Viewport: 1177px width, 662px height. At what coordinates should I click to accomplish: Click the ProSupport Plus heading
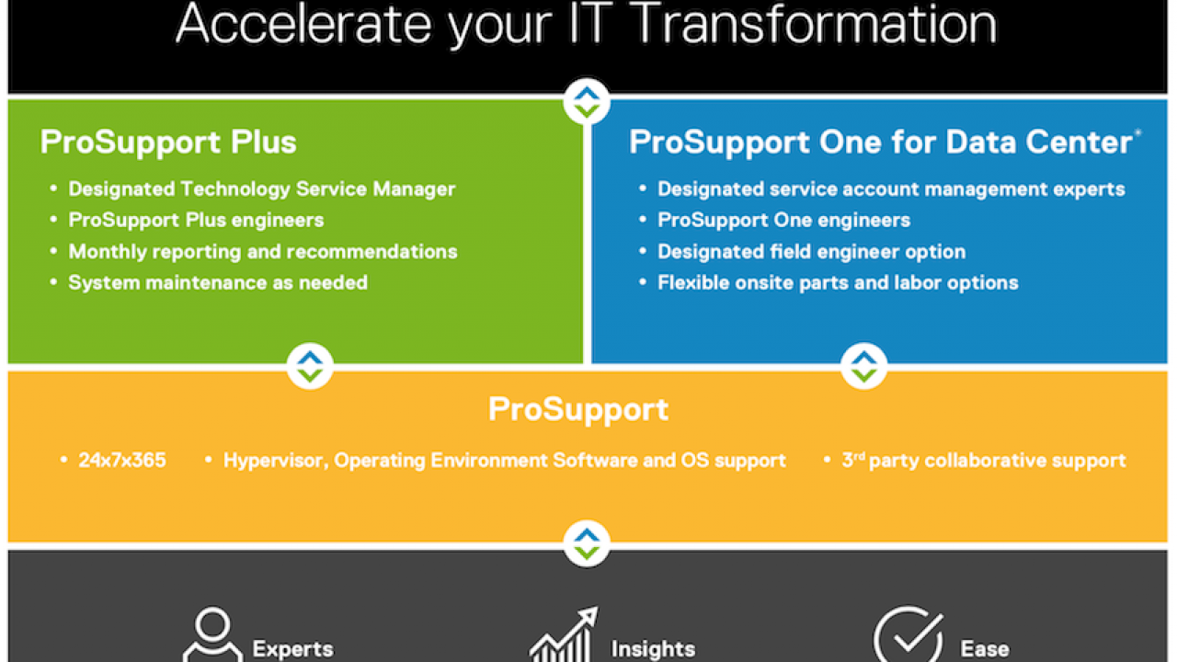(x=168, y=143)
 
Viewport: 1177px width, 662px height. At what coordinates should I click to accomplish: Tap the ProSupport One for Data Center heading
(x=881, y=143)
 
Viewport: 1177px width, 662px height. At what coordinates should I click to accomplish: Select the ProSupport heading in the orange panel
(x=578, y=410)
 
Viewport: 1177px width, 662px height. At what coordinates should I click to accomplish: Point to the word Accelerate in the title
(x=304, y=24)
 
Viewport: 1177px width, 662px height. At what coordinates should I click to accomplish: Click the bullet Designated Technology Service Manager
(x=262, y=188)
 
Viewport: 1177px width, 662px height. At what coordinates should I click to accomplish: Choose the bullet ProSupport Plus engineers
(x=196, y=220)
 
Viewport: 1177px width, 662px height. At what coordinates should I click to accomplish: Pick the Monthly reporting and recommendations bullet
(x=263, y=252)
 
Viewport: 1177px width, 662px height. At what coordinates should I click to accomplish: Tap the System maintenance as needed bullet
(x=218, y=282)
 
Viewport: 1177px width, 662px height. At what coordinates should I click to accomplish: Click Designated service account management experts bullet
(x=891, y=189)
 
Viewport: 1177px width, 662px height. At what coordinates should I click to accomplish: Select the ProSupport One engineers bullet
(x=784, y=220)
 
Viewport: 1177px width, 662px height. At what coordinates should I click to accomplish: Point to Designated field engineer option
(x=812, y=252)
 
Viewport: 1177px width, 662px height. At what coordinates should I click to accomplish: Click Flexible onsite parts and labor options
(x=838, y=282)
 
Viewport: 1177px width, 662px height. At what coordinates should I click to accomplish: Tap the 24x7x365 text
(x=122, y=461)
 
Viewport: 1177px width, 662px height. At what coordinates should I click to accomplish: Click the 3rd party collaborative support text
(x=984, y=461)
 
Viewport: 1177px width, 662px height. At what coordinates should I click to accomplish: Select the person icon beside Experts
(x=212, y=634)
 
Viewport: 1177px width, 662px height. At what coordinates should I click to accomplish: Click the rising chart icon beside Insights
(x=565, y=634)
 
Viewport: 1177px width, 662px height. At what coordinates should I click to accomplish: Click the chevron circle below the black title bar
(x=587, y=101)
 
